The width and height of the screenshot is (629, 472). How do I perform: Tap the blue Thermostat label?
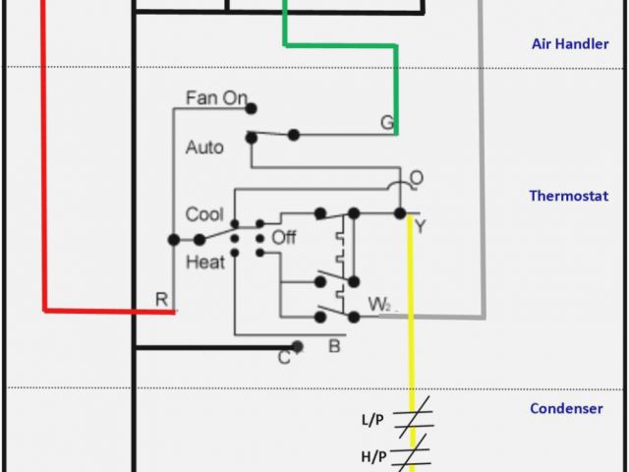568,196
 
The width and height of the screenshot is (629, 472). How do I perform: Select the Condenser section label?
566,408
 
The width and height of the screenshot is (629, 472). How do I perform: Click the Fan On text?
216,98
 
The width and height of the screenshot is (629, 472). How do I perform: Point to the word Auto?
204,147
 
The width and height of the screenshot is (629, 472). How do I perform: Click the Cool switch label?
204,214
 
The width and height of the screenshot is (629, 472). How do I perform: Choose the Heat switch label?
204,262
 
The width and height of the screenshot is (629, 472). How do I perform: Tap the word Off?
284,237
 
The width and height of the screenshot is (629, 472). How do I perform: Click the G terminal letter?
387,123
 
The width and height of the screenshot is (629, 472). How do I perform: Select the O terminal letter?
417,178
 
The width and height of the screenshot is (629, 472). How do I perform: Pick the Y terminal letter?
421,227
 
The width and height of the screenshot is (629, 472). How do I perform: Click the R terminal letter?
161,299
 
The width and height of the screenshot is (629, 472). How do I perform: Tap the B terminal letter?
333,345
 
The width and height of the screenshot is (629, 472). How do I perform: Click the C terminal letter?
283,357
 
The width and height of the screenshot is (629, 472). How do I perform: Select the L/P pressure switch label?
372,420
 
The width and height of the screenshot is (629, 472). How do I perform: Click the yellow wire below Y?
411,324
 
